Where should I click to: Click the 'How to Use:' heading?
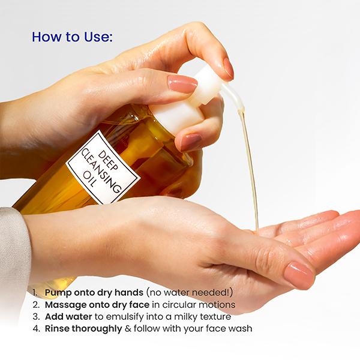pos(72,37)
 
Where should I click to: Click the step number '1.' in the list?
pos(35,292)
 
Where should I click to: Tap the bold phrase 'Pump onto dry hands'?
pos(94,292)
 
